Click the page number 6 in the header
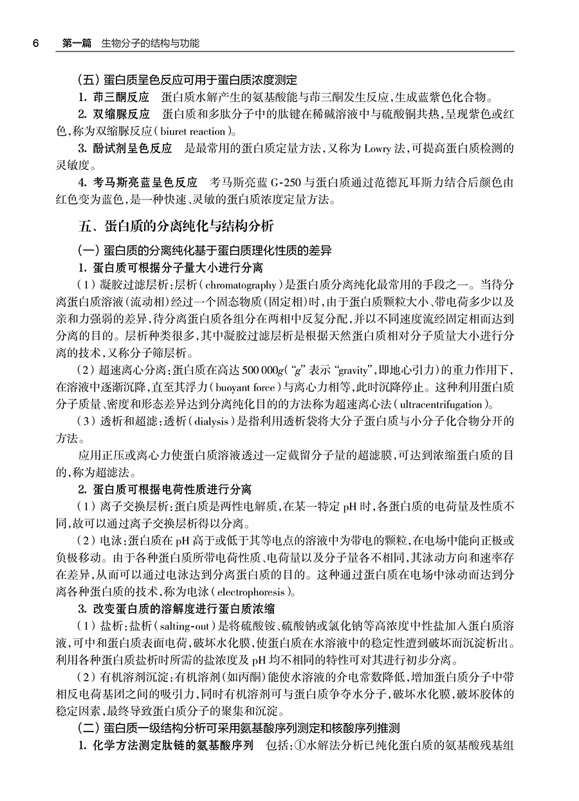[x=36, y=44]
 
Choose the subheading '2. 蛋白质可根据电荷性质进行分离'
[x=165, y=490]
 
